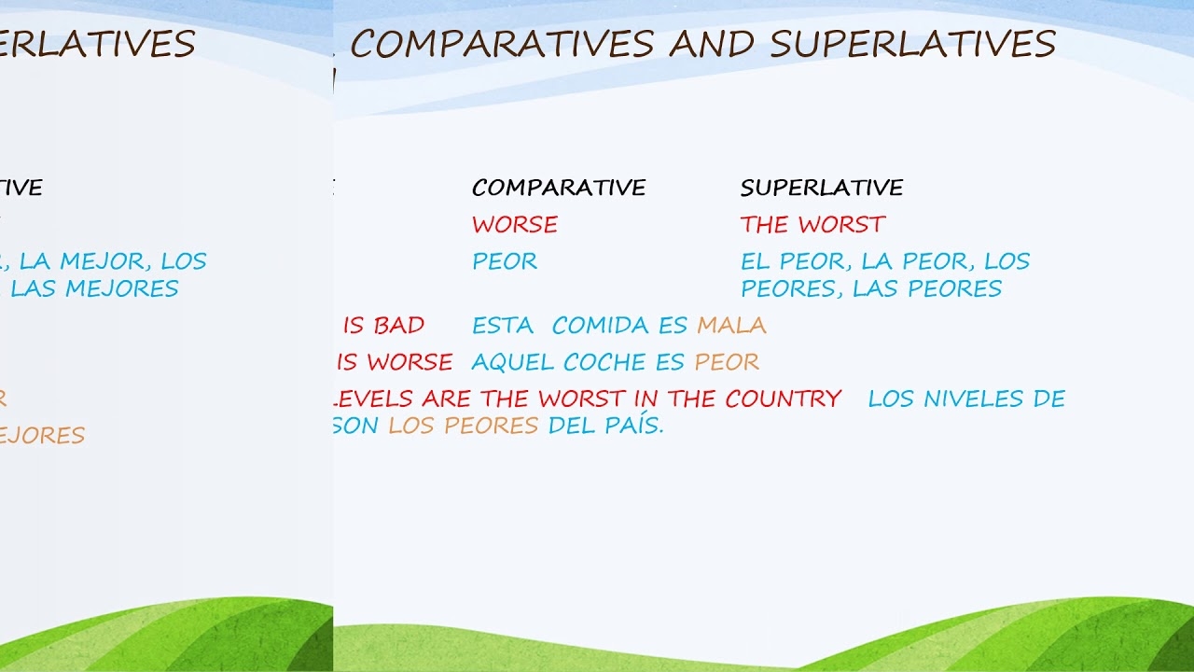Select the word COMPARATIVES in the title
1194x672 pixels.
[x=504, y=44]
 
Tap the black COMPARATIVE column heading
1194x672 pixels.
[x=559, y=188]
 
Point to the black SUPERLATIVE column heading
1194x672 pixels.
[x=822, y=188]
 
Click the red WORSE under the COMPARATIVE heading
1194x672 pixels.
[x=515, y=225]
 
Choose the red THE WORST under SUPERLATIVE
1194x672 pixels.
[x=812, y=225]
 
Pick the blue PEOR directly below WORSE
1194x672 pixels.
[x=505, y=261]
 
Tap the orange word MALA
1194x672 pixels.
[x=731, y=326]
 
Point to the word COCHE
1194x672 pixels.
[x=598, y=362]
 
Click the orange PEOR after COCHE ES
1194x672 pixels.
[x=727, y=362]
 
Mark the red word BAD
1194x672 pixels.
[x=398, y=326]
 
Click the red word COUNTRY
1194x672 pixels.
[x=784, y=399]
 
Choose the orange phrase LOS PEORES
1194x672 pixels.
[x=464, y=426]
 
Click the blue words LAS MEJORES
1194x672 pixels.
[x=94, y=288]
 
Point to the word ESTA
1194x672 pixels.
[x=503, y=326]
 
